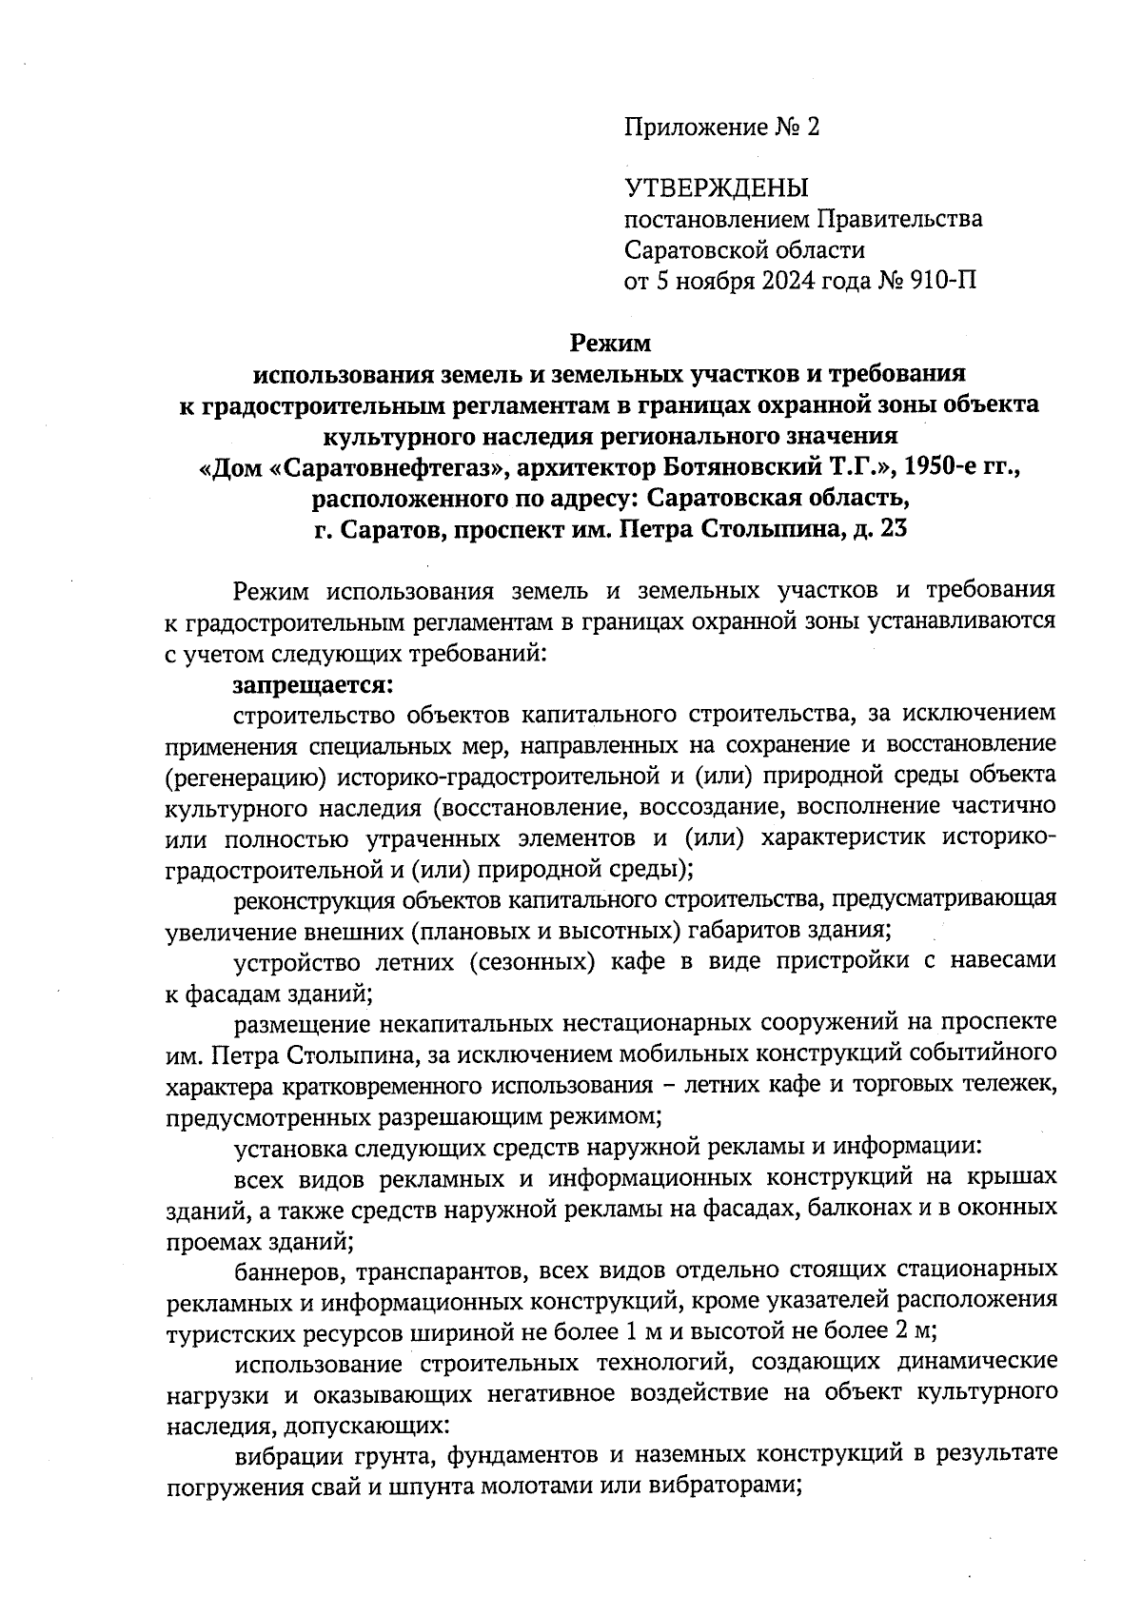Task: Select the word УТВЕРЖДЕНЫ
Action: coord(715,188)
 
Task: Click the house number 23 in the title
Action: coord(894,530)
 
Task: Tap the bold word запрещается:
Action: coord(312,684)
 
